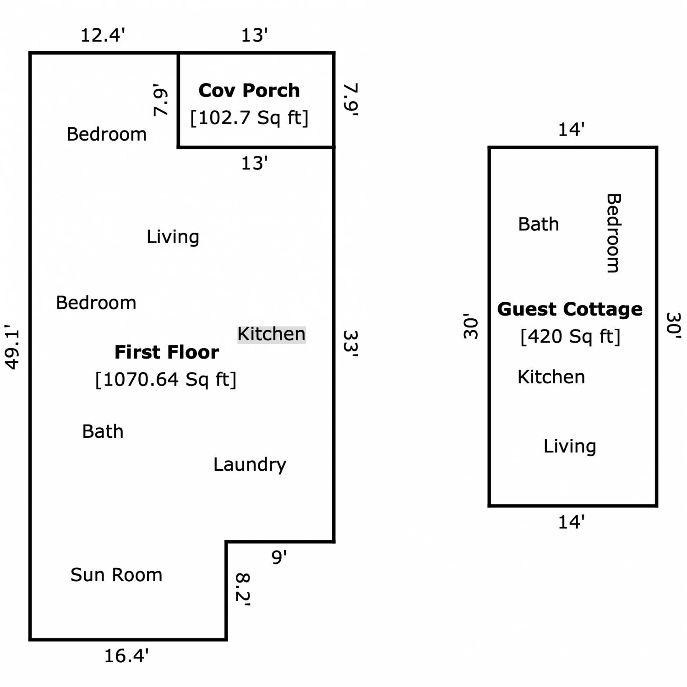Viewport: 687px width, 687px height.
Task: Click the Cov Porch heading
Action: [x=249, y=90]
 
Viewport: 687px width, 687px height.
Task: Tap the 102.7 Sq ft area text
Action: [x=249, y=118]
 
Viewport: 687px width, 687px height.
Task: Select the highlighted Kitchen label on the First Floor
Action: [x=272, y=334]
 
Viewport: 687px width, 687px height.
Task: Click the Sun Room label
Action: [x=116, y=575]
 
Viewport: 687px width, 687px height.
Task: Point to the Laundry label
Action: [x=250, y=464]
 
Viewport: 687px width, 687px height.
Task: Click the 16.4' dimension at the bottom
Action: [x=126, y=656]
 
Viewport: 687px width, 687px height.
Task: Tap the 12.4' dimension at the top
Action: [x=103, y=35]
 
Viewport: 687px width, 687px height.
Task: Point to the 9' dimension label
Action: [x=279, y=557]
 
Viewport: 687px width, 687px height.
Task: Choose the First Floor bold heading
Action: [x=167, y=352]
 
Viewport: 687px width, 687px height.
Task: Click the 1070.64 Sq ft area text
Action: [x=166, y=379]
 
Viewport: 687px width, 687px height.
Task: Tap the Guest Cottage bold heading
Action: [x=570, y=309]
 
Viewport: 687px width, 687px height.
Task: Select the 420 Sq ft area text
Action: [x=570, y=336]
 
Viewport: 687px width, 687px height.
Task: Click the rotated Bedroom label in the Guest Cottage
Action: [x=613, y=233]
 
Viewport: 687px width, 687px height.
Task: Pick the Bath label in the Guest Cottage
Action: [x=539, y=224]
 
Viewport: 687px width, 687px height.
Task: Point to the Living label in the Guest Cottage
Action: [x=570, y=446]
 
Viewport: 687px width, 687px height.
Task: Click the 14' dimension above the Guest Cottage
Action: [x=571, y=130]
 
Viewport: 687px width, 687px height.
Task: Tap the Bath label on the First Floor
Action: [x=103, y=431]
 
